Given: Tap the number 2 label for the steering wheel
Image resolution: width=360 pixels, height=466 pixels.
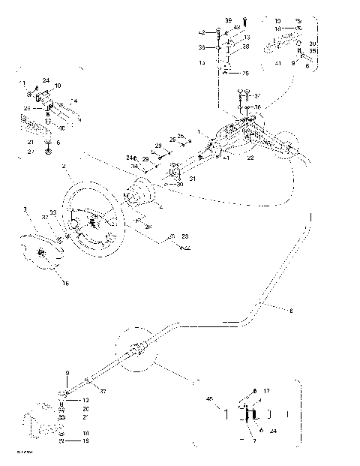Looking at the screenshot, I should (65, 165).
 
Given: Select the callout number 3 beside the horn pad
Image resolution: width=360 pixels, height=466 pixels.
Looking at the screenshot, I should (25, 208).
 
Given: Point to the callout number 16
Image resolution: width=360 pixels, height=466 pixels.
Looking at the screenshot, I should (64, 284).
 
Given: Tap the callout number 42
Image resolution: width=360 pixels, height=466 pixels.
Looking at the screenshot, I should (201, 32).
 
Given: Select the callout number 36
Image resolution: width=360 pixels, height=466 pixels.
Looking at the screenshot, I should (259, 107).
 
